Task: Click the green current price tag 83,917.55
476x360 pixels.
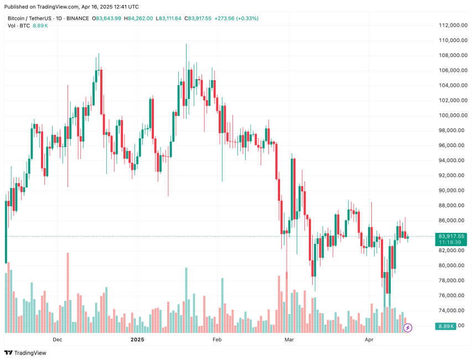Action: [x=452, y=236]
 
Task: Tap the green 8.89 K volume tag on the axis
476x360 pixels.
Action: [x=446, y=326]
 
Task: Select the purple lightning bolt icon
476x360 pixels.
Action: [x=408, y=327]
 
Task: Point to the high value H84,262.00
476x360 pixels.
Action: [x=138, y=18]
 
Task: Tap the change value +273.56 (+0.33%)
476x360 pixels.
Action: [x=239, y=18]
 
